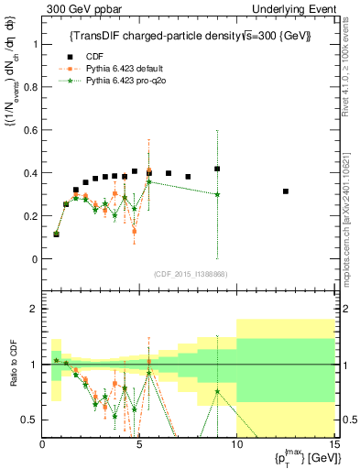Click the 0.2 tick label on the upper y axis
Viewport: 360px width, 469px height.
pos(32,216)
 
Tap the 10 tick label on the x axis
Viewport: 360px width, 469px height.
pos(236,445)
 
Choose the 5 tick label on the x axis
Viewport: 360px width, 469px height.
pos(139,445)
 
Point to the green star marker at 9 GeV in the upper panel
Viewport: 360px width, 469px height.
pos(217,194)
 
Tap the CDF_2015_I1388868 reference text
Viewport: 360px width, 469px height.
pos(190,273)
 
